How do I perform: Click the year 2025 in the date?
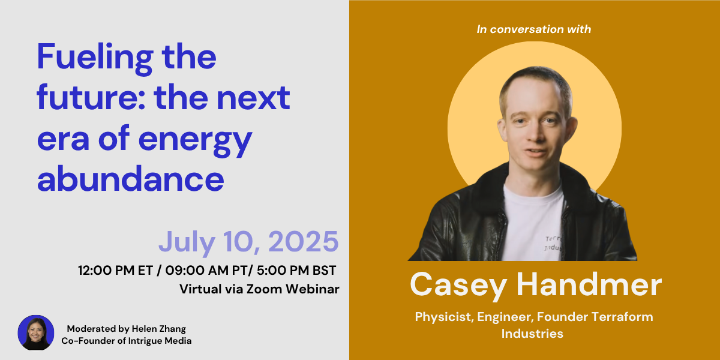tap(304, 241)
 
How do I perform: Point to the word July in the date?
tap(187, 243)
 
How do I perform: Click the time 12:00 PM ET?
tap(115, 271)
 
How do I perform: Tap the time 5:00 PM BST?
tap(296, 271)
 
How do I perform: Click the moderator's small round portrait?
tap(36, 332)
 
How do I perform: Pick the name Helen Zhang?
tap(159, 329)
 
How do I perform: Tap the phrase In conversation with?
tap(533, 29)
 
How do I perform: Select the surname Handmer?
tap(589, 284)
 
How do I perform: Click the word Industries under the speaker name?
tap(532, 334)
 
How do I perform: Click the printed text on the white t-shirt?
tap(553, 244)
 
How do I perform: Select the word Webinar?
tap(313, 289)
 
